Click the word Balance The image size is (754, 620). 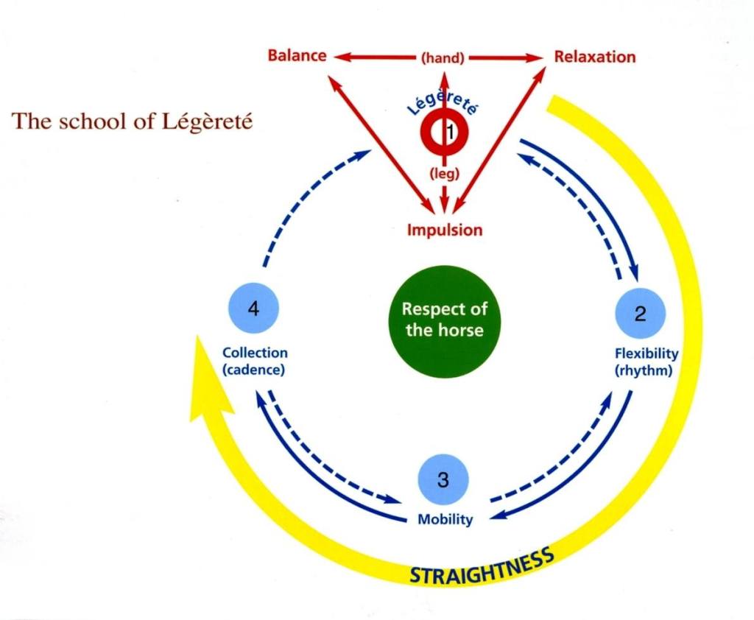[297, 56]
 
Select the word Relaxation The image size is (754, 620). [595, 57]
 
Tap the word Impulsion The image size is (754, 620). [445, 230]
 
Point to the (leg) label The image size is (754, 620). [444, 174]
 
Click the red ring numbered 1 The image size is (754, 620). [444, 133]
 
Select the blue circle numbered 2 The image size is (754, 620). [640, 314]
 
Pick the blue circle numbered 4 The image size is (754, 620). [253, 309]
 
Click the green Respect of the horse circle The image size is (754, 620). [444, 320]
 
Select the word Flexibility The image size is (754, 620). [646, 353]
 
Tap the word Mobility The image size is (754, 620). [445, 519]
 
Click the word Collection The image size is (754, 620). [255, 353]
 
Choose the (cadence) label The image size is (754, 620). [253, 370]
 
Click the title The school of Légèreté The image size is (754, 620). [133, 121]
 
